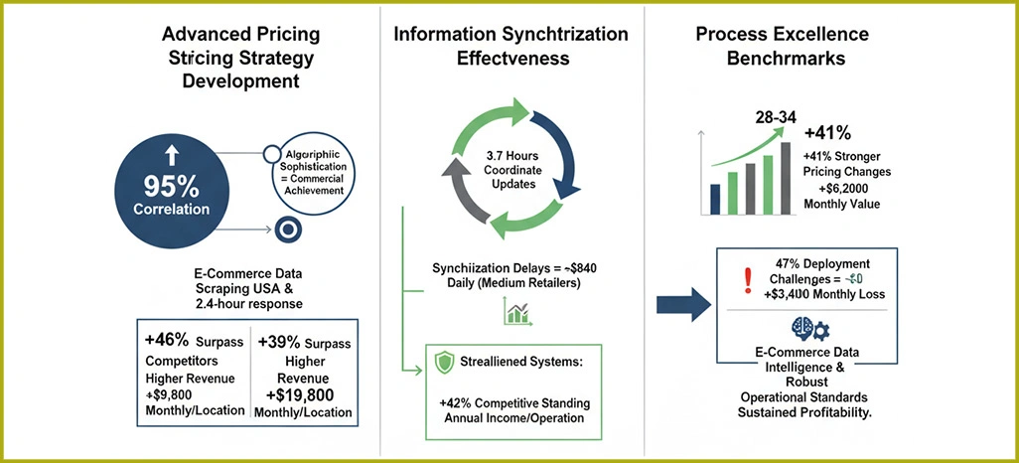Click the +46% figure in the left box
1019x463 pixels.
pyautogui.click(x=170, y=341)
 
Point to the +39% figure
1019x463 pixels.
pyautogui.click(x=281, y=341)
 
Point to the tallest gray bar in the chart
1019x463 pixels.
pyautogui.click(x=787, y=179)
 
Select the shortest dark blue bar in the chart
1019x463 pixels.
pyautogui.click(x=715, y=199)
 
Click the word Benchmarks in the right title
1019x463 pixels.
pyautogui.click(x=785, y=59)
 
